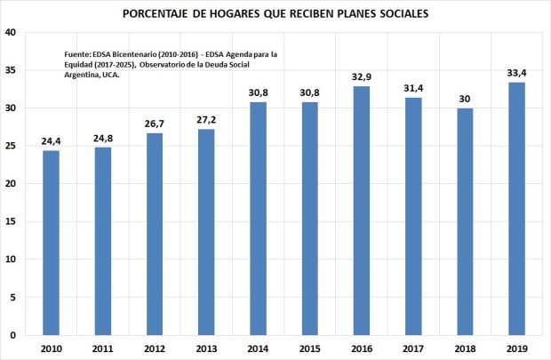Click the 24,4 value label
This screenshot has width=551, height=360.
52,141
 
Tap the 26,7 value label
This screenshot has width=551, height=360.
155,124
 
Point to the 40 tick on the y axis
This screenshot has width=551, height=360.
10,33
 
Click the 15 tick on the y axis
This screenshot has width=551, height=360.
10,221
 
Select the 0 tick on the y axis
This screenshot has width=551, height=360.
12,335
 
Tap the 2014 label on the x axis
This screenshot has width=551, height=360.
258,349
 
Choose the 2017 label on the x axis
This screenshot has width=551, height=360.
412,349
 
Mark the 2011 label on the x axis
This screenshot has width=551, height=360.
103,349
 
